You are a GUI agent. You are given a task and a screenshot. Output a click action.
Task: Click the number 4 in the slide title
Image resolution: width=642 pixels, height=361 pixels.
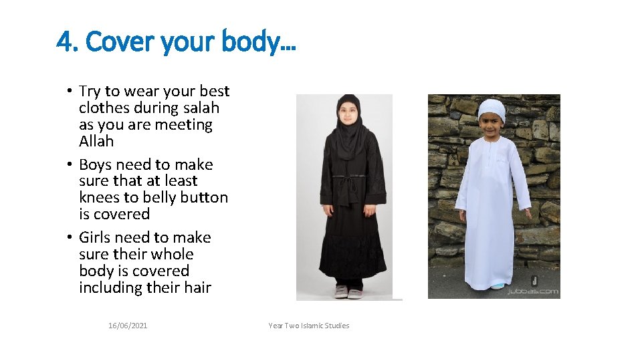click(65, 43)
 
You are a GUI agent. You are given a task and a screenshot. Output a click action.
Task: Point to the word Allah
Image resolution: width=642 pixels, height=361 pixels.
click(96, 141)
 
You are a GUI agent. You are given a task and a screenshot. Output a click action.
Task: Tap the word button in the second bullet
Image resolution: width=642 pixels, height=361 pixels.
click(205, 197)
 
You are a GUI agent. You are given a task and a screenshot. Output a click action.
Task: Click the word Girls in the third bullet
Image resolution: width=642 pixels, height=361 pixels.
click(97, 237)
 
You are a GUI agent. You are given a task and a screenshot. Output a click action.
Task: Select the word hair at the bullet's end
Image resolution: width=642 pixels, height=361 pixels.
click(197, 287)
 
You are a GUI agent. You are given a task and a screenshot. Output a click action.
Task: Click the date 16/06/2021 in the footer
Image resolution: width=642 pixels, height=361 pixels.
click(128, 326)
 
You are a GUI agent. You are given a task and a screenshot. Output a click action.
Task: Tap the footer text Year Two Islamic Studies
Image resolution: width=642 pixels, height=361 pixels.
click(308, 326)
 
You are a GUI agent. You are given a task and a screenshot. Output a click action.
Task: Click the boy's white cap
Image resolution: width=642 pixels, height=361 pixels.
click(492, 107)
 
